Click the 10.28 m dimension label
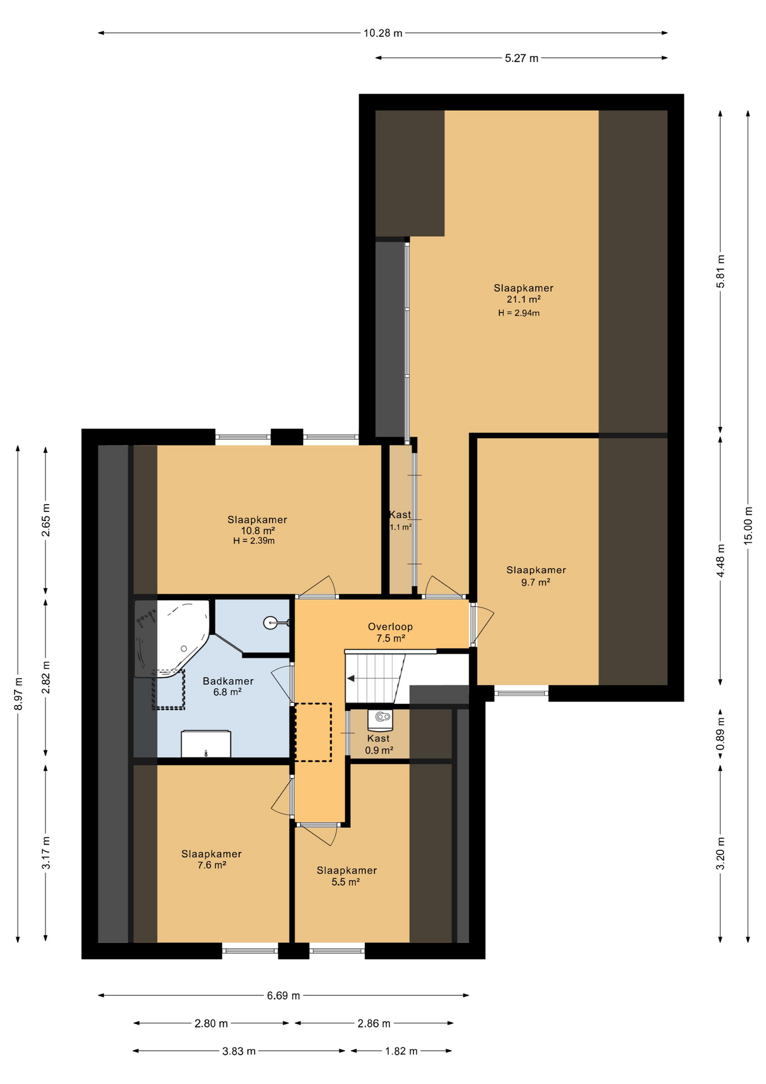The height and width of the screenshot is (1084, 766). click(382, 33)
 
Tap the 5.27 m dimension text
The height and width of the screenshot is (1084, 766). click(521, 58)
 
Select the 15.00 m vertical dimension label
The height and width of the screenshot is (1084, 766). click(748, 524)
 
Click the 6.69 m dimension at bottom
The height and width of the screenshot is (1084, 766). click(283, 995)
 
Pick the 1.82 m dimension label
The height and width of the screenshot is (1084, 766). click(401, 1051)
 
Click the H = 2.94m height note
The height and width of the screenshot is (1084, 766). click(518, 313)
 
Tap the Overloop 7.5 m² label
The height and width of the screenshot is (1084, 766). click(390, 632)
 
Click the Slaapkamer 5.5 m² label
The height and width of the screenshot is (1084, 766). click(346, 876)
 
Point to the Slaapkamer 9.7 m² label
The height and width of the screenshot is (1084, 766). click(536, 576)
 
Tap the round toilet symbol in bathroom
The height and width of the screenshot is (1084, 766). click(271, 623)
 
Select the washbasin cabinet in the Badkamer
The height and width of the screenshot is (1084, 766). click(206, 744)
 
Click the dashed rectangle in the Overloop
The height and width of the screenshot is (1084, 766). click(313, 732)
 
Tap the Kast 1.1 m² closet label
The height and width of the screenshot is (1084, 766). click(400, 520)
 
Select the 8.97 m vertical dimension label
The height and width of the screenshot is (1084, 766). click(18, 694)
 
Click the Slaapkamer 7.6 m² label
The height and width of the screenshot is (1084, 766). click(212, 859)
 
